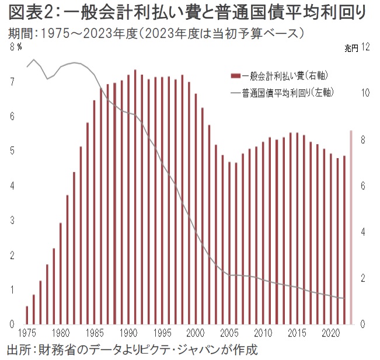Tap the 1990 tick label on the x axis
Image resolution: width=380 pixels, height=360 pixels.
click(128, 334)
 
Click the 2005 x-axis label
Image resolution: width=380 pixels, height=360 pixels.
click(229, 334)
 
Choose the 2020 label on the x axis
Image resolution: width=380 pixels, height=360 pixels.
click(331, 334)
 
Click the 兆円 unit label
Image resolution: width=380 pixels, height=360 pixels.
click(349, 51)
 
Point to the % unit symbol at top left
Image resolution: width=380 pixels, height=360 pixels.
click(19, 48)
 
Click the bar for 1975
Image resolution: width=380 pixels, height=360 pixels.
click(27, 315)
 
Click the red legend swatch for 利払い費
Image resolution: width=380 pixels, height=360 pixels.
click(236, 75)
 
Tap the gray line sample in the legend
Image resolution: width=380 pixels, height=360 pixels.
click(236, 92)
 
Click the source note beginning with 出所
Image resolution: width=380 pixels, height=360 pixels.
click(131, 350)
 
